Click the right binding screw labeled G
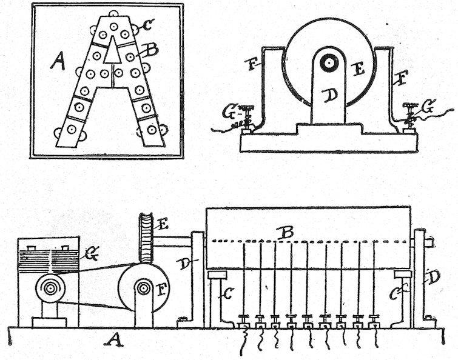[x=409, y=115]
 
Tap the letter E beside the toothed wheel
[x=163, y=224]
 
